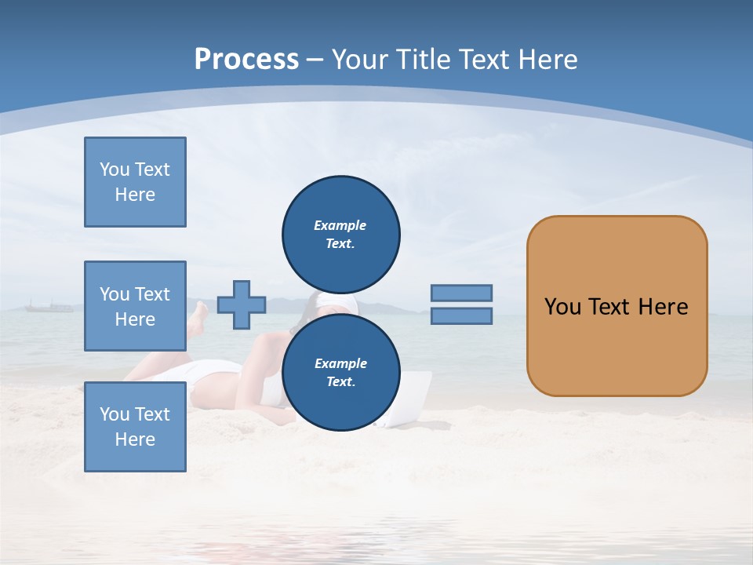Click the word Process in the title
click(246, 59)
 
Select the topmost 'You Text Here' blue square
click(135, 182)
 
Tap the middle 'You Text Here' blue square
click(135, 306)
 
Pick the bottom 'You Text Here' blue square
click(135, 427)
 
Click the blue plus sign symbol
click(242, 304)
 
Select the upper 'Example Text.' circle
click(340, 235)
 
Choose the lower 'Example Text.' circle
click(340, 372)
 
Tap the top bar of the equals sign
click(461, 293)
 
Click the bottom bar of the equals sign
click(461, 316)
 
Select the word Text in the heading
click(484, 60)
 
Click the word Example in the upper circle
click(340, 225)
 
